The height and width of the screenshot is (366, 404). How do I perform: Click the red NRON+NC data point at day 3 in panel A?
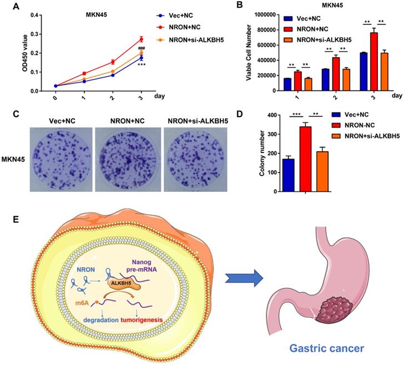[x=141, y=39]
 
